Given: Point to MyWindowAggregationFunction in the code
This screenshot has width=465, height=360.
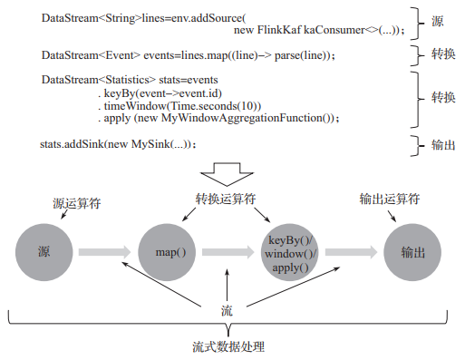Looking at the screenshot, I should point(257,118).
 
